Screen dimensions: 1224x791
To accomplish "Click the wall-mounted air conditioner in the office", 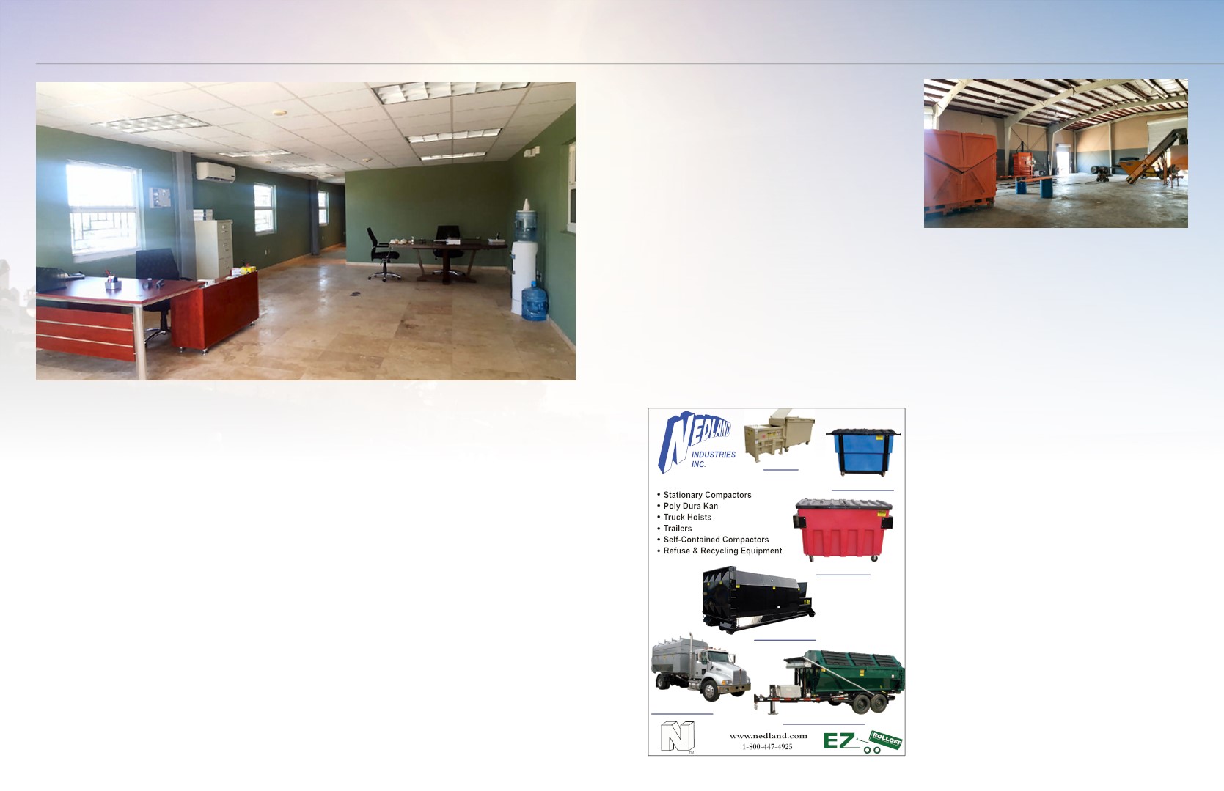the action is coord(216,172).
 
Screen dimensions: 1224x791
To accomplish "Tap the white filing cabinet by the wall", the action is coord(213,249).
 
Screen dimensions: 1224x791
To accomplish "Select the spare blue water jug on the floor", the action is coord(535,301).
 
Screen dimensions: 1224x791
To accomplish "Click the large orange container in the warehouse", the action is coord(960,174).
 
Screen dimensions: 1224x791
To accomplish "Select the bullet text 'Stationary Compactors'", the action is coord(707,495).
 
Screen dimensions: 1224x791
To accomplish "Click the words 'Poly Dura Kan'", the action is coord(691,506).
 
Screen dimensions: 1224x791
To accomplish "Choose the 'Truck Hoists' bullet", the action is coord(687,518).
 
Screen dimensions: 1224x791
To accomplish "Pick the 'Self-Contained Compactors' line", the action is coord(716,540).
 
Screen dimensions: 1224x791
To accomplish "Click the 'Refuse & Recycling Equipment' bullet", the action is coord(722,551).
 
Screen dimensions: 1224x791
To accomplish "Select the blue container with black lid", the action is coord(862,452).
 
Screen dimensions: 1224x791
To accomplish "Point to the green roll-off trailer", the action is coord(831,681).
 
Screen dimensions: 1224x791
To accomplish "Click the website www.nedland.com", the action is coord(769,736).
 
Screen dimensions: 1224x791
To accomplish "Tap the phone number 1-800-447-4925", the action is coord(767,747).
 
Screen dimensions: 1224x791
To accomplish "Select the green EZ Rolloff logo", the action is coord(862,741).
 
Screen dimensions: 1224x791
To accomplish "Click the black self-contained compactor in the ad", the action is coord(758,599).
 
